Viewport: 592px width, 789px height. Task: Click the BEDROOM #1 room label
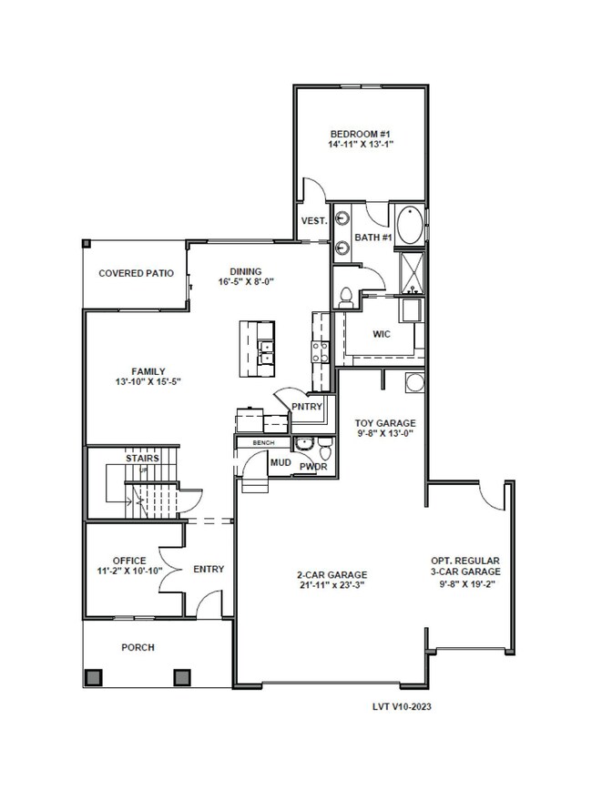pyautogui.click(x=361, y=134)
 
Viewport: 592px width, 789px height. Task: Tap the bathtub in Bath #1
pyautogui.click(x=409, y=225)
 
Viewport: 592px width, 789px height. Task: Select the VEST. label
pyautogui.click(x=314, y=221)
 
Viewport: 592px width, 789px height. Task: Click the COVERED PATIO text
pyautogui.click(x=136, y=273)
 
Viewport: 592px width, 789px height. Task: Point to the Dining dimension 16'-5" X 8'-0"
pyautogui.click(x=246, y=282)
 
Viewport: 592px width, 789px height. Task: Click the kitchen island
pyautogui.click(x=257, y=349)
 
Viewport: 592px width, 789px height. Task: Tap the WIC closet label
pyautogui.click(x=381, y=334)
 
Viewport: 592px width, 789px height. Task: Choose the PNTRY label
pyautogui.click(x=307, y=407)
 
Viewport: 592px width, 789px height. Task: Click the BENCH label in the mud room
pyautogui.click(x=263, y=443)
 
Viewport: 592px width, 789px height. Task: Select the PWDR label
pyautogui.click(x=313, y=467)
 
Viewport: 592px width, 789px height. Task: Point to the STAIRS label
pyautogui.click(x=142, y=459)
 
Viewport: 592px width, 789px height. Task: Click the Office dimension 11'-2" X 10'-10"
pyautogui.click(x=129, y=572)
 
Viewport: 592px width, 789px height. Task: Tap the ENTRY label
pyautogui.click(x=209, y=569)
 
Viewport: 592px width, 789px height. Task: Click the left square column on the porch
pyautogui.click(x=94, y=677)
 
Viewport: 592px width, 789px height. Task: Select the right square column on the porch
pyautogui.click(x=182, y=677)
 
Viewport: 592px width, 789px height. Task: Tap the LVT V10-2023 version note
pyautogui.click(x=402, y=706)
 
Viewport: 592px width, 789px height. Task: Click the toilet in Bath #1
pyautogui.click(x=346, y=297)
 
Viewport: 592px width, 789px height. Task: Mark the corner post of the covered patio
pyautogui.click(x=87, y=244)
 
